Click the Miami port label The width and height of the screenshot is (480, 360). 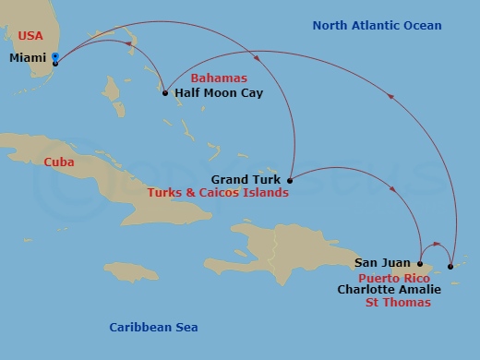pyautogui.click(x=29, y=58)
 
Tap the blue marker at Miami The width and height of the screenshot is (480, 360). pyautogui.click(x=55, y=58)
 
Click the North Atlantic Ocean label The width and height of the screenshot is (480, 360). pyautogui.click(x=377, y=26)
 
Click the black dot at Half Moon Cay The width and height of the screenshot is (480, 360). pyautogui.click(x=165, y=93)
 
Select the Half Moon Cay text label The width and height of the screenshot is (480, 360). pyautogui.click(x=212, y=93)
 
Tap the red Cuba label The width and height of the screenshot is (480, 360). pyautogui.click(x=59, y=162)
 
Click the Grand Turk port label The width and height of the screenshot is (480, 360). pyautogui.click(x=247, y=179)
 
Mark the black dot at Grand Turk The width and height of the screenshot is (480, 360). pyautogui.click(x=290, y=180)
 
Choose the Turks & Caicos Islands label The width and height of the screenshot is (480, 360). pyautogui.click(x=218, y=193)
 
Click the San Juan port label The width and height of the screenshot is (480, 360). pyautogui.click(x=383, y=263)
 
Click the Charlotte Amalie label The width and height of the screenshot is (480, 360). pyautogui.click(x=389, y=289)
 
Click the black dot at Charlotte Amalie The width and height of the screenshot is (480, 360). pyautogui.click(x=450, y=267)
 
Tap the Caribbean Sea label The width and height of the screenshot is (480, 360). pyautogui.click(x=153, y=327)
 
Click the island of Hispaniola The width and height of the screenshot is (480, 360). pyautogui.click(x=286, y=249)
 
